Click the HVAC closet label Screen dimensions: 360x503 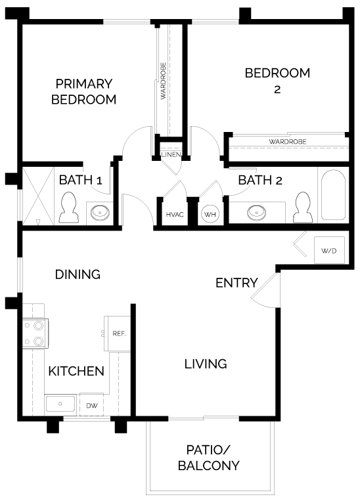click(175, 215)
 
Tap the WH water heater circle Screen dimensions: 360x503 click(210, 214)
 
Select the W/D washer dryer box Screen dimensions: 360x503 click(329, 250)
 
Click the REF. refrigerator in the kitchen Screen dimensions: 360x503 click(117, 334)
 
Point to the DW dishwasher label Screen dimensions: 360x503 click(92, 406)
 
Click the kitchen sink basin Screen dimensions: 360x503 click(60, 404)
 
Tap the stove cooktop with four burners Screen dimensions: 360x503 click(35, 334)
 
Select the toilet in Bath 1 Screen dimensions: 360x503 click(68, 208)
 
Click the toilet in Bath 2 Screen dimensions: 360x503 click(303, 208)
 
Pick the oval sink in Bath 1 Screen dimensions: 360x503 click(100, 212)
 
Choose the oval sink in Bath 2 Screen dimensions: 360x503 click(257, 212)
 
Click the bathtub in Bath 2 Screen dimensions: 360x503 click(333, 195)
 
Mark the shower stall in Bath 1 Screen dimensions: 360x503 click(38, 196)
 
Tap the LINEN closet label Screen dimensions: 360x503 click(171, 154)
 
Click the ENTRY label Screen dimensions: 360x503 click(236, 283)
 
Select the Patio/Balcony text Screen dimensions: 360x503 click(208, 458)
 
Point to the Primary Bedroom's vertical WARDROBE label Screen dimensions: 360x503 click(164, 81)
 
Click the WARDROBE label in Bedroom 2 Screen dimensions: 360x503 click(288, 141)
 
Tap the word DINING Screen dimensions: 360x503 click(78, 274)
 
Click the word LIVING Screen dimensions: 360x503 click(206, 364)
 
